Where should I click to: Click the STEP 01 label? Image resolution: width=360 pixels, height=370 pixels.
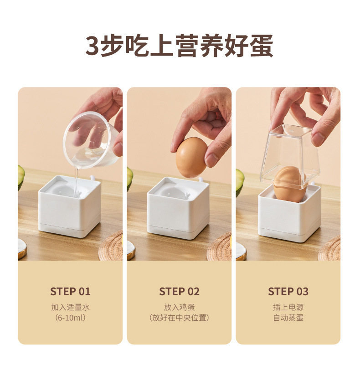tap(70, 292)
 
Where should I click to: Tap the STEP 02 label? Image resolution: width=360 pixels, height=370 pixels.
tap(179, 292)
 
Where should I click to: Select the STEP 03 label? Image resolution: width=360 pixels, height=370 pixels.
tap(288, 292)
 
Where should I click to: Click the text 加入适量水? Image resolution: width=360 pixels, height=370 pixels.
tap(70, 307)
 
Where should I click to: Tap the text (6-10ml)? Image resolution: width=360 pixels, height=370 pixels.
tap(70, 318)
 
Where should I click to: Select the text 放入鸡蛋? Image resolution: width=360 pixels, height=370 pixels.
tap(179, 307)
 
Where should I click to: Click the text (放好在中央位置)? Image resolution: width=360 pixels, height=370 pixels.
tap(179, 318)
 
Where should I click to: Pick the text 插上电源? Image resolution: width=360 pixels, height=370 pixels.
tap(288, 307)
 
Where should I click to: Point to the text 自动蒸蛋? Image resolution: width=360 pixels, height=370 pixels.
tap(288, 318)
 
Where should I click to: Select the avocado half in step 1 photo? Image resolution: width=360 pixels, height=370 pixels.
tap(21, 180)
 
